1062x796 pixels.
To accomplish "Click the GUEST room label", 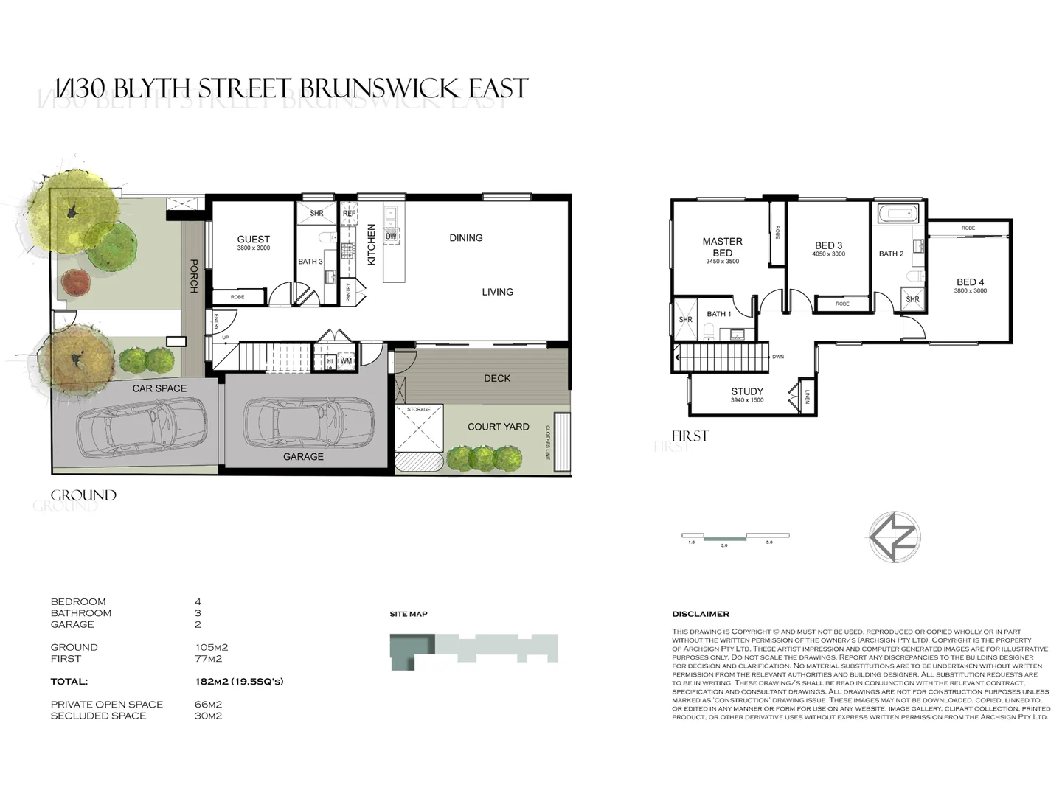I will (253, 240).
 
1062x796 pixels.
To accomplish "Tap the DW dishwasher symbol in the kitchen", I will (391, 236).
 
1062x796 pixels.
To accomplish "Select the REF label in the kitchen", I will (349, 214).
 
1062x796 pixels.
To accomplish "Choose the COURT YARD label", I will (498, 427).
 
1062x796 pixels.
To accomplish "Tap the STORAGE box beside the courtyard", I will (419, 427).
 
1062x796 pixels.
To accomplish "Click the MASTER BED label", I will (722, 247).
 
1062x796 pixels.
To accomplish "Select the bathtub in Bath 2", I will (898, 214).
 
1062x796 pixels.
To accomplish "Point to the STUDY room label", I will (747, 391).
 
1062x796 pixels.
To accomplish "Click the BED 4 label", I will (970, 282).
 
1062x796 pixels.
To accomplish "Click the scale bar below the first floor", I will (735, 537).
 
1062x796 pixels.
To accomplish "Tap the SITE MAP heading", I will (409, 614).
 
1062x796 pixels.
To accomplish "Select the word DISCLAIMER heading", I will (701, 614).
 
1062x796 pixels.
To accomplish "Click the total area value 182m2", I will (212, 682).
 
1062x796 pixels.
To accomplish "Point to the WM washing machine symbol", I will (345, 361).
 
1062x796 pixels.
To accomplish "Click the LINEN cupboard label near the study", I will (808, 397).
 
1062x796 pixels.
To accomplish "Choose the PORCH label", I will (194, 276).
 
